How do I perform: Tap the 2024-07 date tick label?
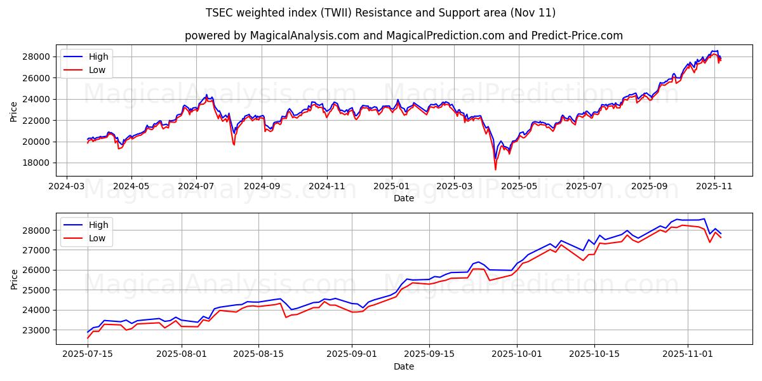click(196, 187)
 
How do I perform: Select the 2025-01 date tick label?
click(391, 187)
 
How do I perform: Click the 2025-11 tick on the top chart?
click(714, 187)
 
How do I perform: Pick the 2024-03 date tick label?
click(67, 187)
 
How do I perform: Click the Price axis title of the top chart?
click(14, 111)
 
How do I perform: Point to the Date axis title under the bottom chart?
click(403, 366)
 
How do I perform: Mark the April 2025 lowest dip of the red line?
click(495, 169)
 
